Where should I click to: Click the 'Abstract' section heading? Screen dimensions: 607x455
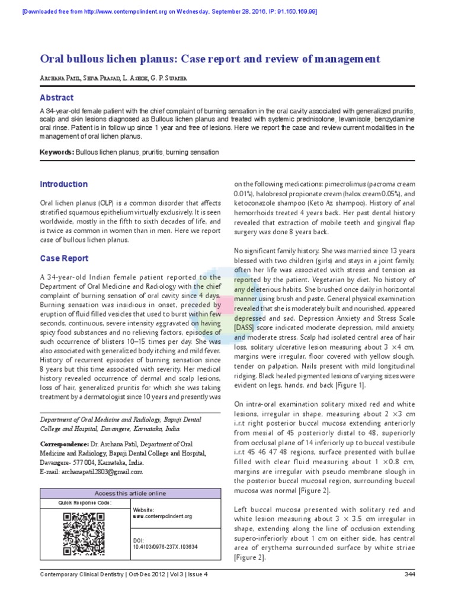pos(56,98)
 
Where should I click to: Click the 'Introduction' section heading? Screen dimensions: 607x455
pos(63,184)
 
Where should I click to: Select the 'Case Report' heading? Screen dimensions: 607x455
pos(64,258)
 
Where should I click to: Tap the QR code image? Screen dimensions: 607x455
pos(84,534)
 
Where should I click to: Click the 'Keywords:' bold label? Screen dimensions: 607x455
pos(57,152)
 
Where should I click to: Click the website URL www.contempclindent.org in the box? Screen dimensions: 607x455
pos(162,516)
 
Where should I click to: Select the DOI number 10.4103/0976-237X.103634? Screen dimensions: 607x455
pos(165,547)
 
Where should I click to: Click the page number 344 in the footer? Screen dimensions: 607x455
pos(409,574)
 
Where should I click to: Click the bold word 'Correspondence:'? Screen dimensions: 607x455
pos(64,443)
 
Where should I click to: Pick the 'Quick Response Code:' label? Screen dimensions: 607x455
pos(85,503)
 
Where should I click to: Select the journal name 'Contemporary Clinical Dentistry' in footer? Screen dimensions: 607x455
pos(81,574)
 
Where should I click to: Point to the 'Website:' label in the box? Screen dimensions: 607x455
pos(145,510)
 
